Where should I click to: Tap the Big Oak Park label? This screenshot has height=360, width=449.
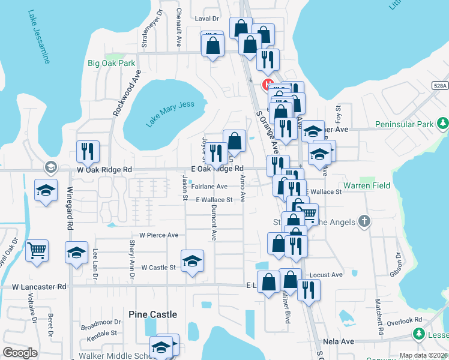point(111,63)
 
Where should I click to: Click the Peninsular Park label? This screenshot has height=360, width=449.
point(404,124)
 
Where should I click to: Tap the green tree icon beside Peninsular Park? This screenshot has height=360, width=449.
point(442,124)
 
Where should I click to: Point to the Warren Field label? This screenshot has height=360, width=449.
point(366,185)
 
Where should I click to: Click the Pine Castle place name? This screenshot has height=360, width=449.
point(153,314)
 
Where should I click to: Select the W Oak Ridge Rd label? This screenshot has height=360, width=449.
point(103,170)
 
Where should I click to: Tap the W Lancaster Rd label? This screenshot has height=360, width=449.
point(39,287)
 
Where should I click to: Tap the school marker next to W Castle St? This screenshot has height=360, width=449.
point(192,261)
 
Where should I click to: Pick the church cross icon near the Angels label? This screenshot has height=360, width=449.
point(364,222)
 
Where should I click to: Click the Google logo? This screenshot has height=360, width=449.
point(20,353)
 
